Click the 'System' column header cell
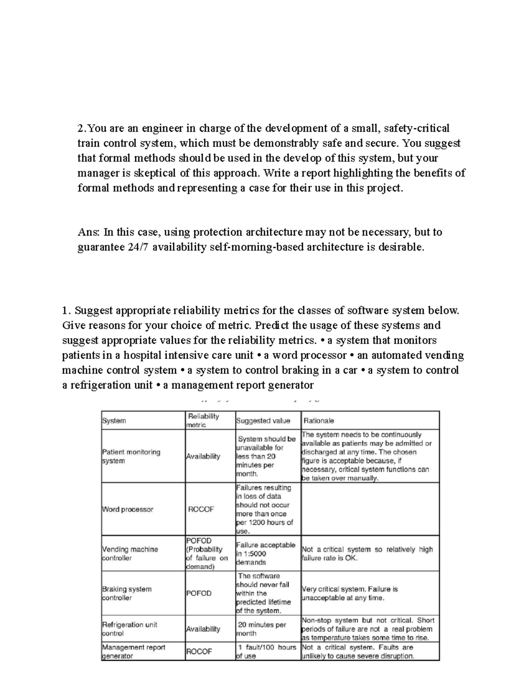click(114, 421)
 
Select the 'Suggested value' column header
click(263, 421)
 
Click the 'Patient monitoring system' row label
click(131, 456)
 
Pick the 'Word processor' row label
click(128, 509)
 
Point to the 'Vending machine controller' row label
click(130, 554)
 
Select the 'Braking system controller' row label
click(127, 593)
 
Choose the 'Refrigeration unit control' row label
click(129, 629)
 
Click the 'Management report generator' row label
click(134, 651)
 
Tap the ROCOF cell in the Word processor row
click(201, 509)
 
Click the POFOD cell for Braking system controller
click(199, 593)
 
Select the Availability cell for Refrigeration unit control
click(203, 629)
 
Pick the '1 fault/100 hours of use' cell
click(268, 651)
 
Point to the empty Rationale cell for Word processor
click(370, 509)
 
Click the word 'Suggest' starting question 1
click(93, 311)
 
